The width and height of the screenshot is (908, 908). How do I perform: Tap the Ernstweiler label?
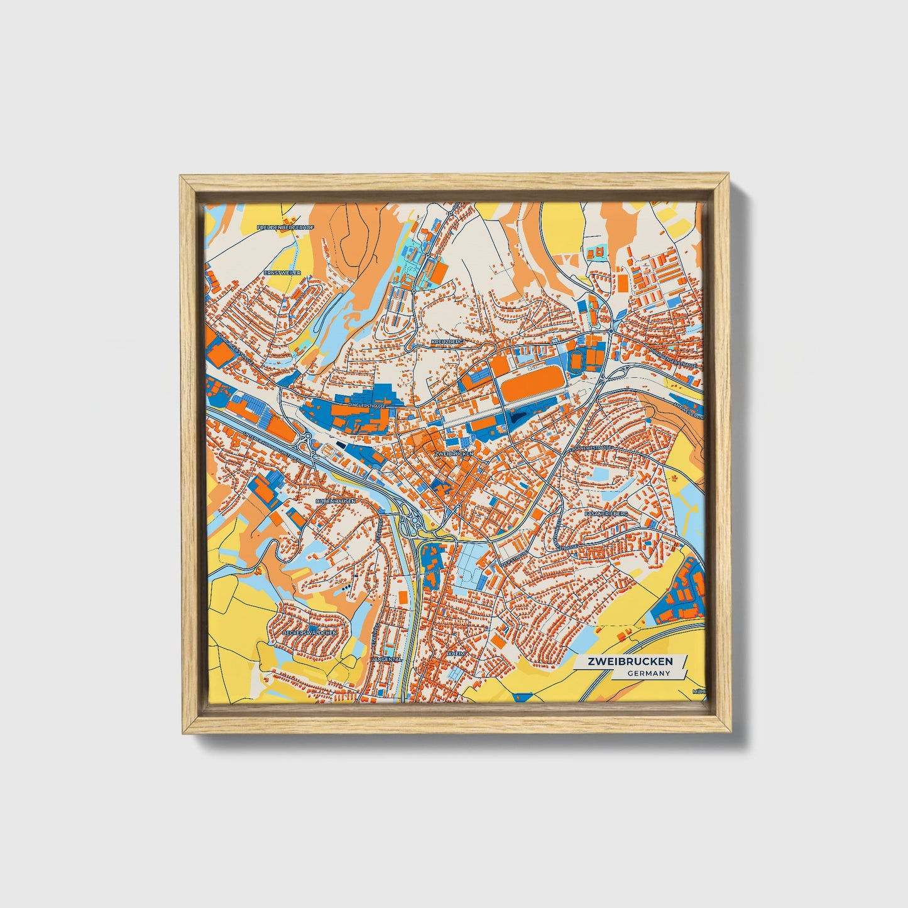[x=282, y=273]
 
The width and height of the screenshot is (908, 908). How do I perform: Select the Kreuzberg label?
[x=447, y=341]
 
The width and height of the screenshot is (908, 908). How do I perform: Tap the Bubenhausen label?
[x=336, y=501]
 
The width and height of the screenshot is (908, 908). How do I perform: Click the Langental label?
[x=386, y=659]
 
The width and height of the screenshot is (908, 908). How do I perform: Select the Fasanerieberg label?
[x=606, y=513]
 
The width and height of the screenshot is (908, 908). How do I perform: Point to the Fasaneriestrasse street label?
[x=589, y=448]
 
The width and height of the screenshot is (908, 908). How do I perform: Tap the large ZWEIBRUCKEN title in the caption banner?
[x=630, y=662]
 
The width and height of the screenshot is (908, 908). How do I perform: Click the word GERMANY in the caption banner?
[x=648, y=673]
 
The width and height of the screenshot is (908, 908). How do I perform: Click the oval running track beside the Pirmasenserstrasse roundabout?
[x=576, y=359]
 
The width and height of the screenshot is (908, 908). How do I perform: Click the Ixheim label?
[x=455, y=654]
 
